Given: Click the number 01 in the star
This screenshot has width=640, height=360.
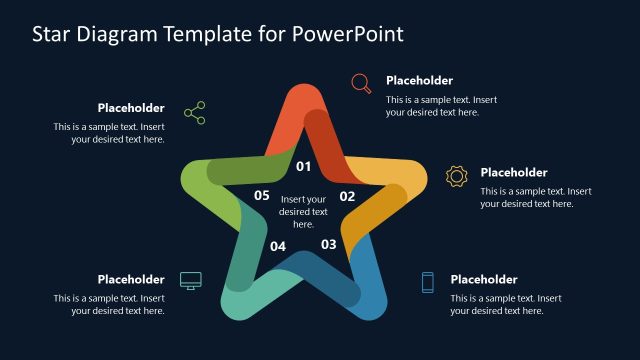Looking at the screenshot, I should coord(303,166).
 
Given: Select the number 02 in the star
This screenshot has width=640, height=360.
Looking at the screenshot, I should coord(347,196).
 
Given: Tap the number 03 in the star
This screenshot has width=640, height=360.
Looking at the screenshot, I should coord(328,243).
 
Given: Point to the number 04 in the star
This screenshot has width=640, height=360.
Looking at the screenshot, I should coord(278,246).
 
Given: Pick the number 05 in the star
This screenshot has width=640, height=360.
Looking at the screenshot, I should coord(261,196).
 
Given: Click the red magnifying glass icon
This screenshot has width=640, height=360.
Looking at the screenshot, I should coord(362,84).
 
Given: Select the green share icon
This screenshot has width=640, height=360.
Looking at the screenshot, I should coord(194,112).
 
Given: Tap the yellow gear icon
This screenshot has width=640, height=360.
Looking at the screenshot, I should coord(456,176).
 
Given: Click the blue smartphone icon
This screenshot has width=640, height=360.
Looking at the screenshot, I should coord(427,282).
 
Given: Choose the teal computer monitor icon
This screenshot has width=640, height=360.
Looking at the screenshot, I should coord(190,280).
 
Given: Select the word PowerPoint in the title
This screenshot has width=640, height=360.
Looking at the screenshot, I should coord(348,34).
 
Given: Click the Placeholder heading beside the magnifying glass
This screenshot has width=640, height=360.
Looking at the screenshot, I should coord(419,80).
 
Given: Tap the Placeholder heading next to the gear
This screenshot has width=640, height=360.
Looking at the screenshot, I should coord(513,172).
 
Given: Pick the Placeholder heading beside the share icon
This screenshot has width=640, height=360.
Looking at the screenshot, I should coord(131,108).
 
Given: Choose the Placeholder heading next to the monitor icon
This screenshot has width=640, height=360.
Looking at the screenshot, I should coord(131,279).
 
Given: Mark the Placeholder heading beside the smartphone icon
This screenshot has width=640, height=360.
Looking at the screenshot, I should coord(483,279).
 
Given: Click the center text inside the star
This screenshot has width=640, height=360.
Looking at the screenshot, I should coord(303,211).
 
